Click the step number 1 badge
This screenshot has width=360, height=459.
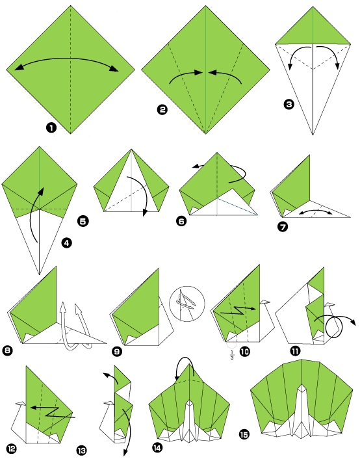51,127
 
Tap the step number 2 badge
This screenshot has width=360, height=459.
162,110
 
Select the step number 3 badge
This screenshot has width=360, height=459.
289,103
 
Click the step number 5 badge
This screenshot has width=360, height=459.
83,221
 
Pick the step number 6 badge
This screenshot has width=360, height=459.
181,221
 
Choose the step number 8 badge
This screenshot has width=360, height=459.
8,351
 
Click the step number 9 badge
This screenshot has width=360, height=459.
117,351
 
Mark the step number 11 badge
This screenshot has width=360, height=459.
295,351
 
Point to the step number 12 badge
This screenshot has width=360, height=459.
12,448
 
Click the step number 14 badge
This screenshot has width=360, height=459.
157,448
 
